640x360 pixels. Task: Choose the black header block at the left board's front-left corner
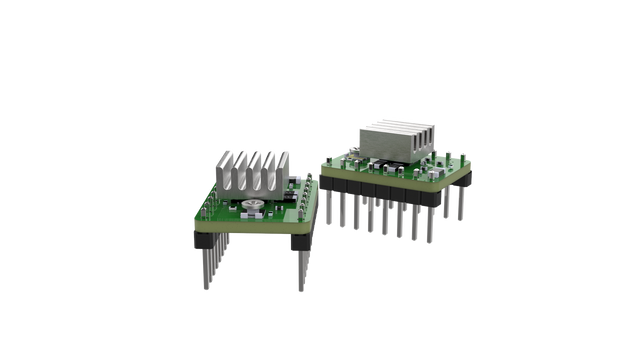(x=205, y=241)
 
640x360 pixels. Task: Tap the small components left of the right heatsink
(x=345, y=157)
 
